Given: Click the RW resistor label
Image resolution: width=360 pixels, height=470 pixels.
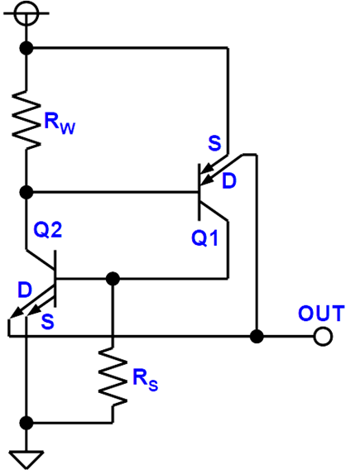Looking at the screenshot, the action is [x=60, y=123].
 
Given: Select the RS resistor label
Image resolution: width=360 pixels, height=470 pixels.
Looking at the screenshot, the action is [x=145, y=381].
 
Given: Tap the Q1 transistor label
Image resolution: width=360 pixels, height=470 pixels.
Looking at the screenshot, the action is [x=205, y=238].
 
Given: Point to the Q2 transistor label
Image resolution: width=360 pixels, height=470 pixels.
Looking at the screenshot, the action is [x=48, y=230].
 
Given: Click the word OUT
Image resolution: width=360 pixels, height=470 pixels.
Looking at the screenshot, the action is [x=321, y=314].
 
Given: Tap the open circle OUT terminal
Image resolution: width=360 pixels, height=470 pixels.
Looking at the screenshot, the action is [x=323, y=337].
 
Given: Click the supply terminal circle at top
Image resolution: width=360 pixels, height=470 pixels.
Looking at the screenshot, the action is [x=26, y=13].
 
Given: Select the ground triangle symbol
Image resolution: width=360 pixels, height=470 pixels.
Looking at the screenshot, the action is [x=26, y=459].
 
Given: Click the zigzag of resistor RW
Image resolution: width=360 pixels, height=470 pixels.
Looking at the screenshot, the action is [x=26, y=120].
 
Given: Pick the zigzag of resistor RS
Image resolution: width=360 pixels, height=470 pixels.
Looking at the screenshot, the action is [x=113, y=377].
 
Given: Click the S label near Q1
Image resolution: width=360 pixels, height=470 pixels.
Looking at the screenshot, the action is [x=214, y=143].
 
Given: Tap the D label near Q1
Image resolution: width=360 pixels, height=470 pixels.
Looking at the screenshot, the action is [x=229, y=181].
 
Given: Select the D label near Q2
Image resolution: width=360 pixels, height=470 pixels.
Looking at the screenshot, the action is [x=25, y=290].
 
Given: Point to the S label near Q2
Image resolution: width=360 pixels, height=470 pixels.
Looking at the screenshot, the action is [x=48, y=322].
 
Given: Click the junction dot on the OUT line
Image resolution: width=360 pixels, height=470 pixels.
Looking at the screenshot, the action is [x=257, y=337].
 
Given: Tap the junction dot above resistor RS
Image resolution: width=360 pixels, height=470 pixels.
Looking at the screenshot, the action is [x=113, y=279].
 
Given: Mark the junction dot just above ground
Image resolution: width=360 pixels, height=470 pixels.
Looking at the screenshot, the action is [x=26, y=423].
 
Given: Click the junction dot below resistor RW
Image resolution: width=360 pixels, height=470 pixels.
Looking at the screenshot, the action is [x=26, y=192].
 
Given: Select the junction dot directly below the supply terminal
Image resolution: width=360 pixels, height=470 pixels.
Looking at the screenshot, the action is [x=26, y=48].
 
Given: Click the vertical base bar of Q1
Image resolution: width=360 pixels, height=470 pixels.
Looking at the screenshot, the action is [x=199, y=192].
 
